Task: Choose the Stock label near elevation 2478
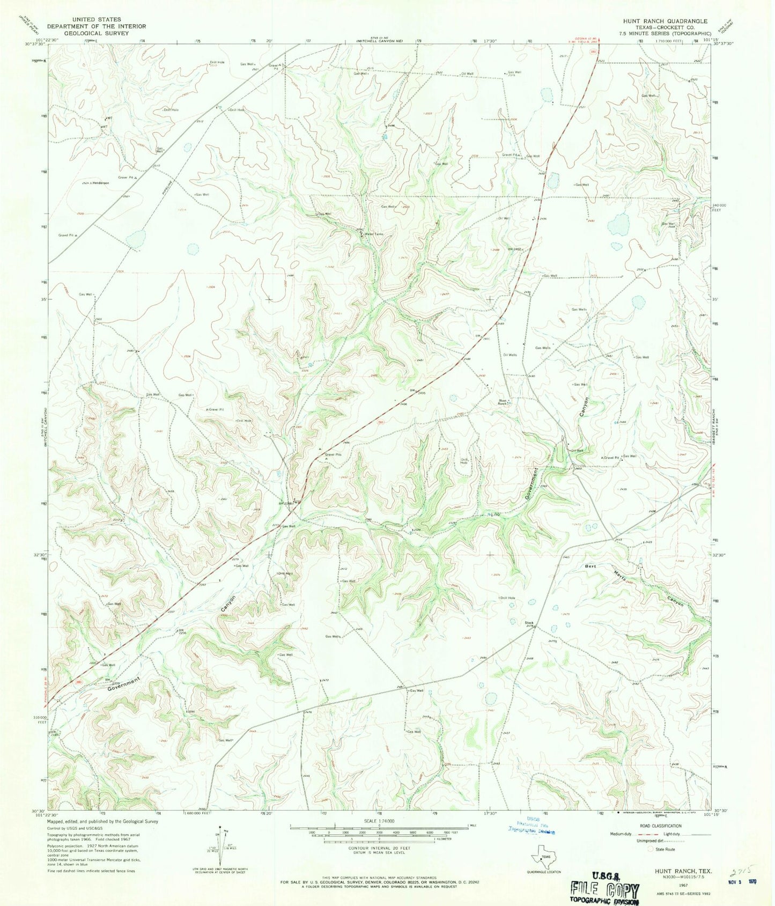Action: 528,623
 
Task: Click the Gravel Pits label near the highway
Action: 333,454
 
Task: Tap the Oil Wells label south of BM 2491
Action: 510,355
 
